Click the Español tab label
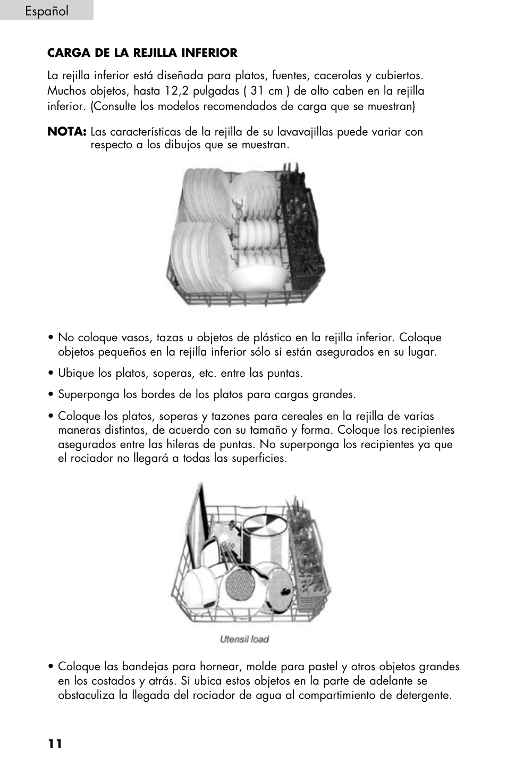[x=46, y=11]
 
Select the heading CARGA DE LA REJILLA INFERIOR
[x=142, y=53]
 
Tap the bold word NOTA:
[x=66, y=131]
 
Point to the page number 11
[x=55, y=743]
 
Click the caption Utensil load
[x=244, y=639]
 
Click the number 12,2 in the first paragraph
[x=176, y=91]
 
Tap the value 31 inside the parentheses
[x=258, y=91]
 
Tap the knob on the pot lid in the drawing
[x=285, y=591]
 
